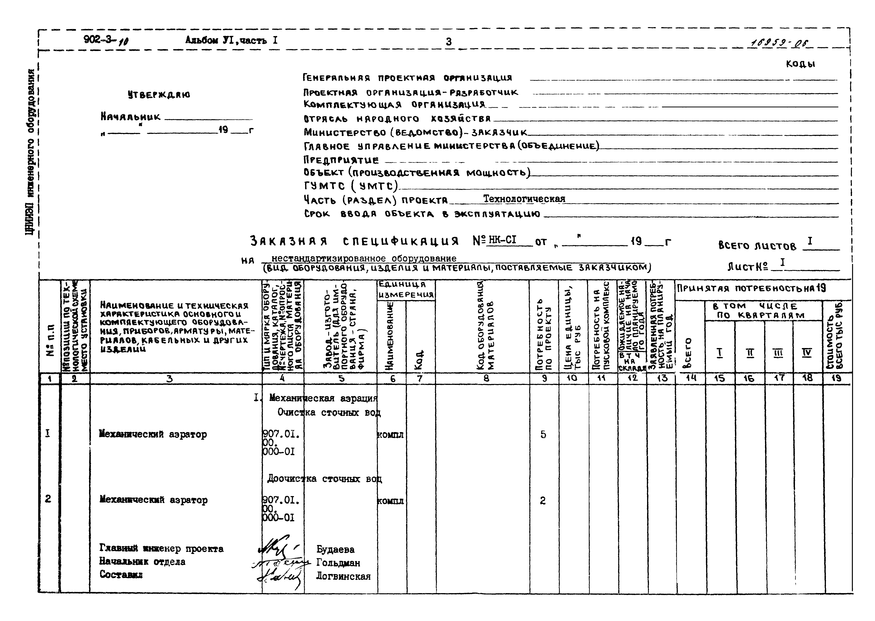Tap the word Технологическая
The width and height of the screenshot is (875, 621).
tap(524, 199)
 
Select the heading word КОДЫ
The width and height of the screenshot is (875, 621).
tap(800, 64)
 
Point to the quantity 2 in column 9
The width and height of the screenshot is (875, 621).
tap(543, 500)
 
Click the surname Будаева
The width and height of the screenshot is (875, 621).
tap(335, 550)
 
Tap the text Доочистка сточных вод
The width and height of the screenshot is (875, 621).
tap(324, 479)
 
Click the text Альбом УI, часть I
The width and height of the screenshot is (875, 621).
tap(231, 40)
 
